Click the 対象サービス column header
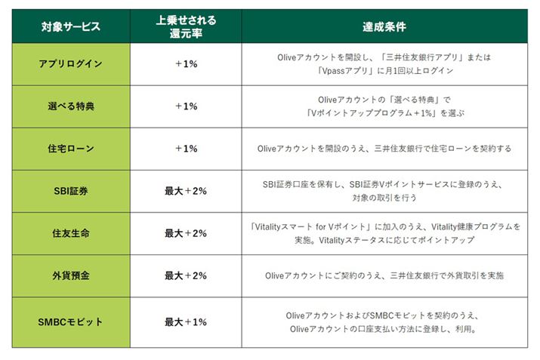point(70,27)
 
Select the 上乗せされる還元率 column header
point(185,27)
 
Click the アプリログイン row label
point(70,64)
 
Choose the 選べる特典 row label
point(70,106)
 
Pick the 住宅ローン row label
point(70,149)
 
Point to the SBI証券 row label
point(70,191)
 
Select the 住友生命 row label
point(70,233)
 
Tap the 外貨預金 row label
point(70,275)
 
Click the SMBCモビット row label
point(70,322)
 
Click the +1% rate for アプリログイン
point(185,64)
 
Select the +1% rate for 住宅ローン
point(185,149)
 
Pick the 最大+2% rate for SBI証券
point(185,191)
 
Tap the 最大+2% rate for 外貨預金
point(185,275)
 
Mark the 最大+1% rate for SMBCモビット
point(185,322)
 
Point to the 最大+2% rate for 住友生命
point(185,233)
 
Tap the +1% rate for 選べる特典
point(185,106)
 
